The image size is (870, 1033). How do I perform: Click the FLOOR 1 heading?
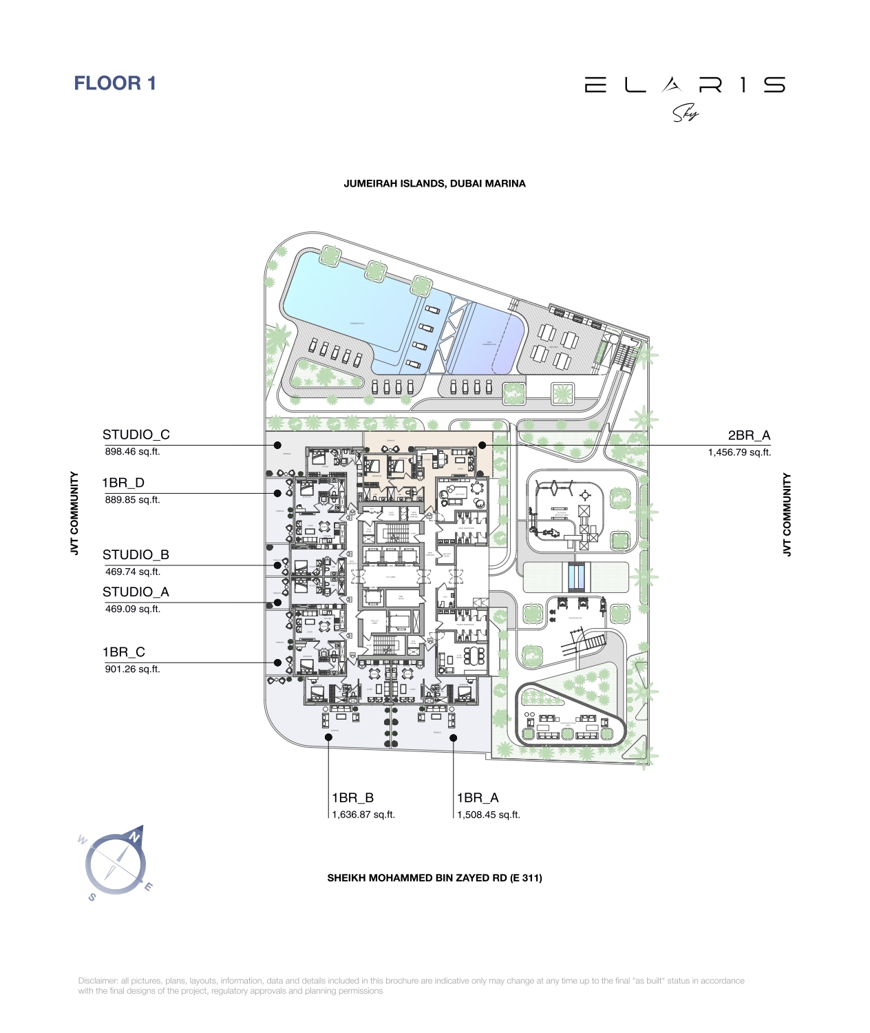[115, 83]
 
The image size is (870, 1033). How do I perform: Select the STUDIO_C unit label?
[136, 435]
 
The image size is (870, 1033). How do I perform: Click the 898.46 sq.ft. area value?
[132, 452]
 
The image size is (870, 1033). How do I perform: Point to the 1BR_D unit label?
[123, 483]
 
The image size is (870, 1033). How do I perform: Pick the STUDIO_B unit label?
[136, 554]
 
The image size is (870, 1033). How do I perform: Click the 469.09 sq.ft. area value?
[132, 609]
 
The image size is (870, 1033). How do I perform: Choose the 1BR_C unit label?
[124, 652]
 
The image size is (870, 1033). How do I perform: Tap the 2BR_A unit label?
[749, 435]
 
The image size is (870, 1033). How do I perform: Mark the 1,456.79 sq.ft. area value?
[739, 452]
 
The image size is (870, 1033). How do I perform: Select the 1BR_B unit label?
[352, 797]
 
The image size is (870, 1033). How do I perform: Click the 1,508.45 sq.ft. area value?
[489, 815]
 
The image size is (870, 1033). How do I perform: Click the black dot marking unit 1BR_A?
[454, 738]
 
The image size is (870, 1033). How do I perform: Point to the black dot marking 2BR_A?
[482, 446]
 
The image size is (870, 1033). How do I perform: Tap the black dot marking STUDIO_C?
[277, 446]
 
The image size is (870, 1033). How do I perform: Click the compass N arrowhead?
[137, 833]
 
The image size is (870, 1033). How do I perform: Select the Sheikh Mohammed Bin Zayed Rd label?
[434, 878]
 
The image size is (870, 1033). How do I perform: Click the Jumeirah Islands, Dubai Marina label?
[434, 184]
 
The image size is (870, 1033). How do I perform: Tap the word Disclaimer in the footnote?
[98, 981]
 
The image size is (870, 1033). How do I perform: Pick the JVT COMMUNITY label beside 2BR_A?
[787, 514]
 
